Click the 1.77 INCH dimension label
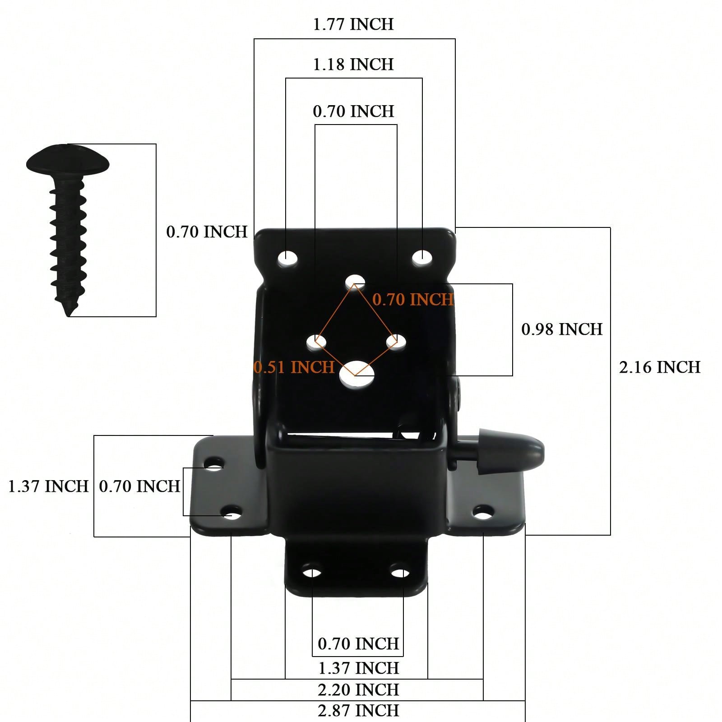tap(353, 24)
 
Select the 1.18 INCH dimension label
tap(353, 65)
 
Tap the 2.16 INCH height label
tap(659, 367)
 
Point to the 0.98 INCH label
tap(562, 329)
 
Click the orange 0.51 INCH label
tap(294, 367)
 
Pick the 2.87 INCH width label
tap(358, 711)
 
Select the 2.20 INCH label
tap(358, 690)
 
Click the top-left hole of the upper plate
tap(288, 259)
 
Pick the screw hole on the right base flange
tap(483, 512)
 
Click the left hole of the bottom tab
tap(312, 573)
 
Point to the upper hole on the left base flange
tap(214, 463)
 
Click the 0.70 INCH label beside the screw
tap(207, 232)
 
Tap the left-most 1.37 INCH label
tap(48, 486)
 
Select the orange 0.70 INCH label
tap(412, 300)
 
